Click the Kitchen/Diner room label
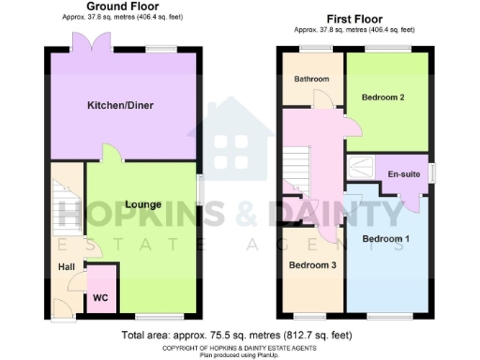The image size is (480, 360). coord(119,105)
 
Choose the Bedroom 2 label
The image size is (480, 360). coord(383,96)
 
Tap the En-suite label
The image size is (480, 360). coord(404,174)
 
